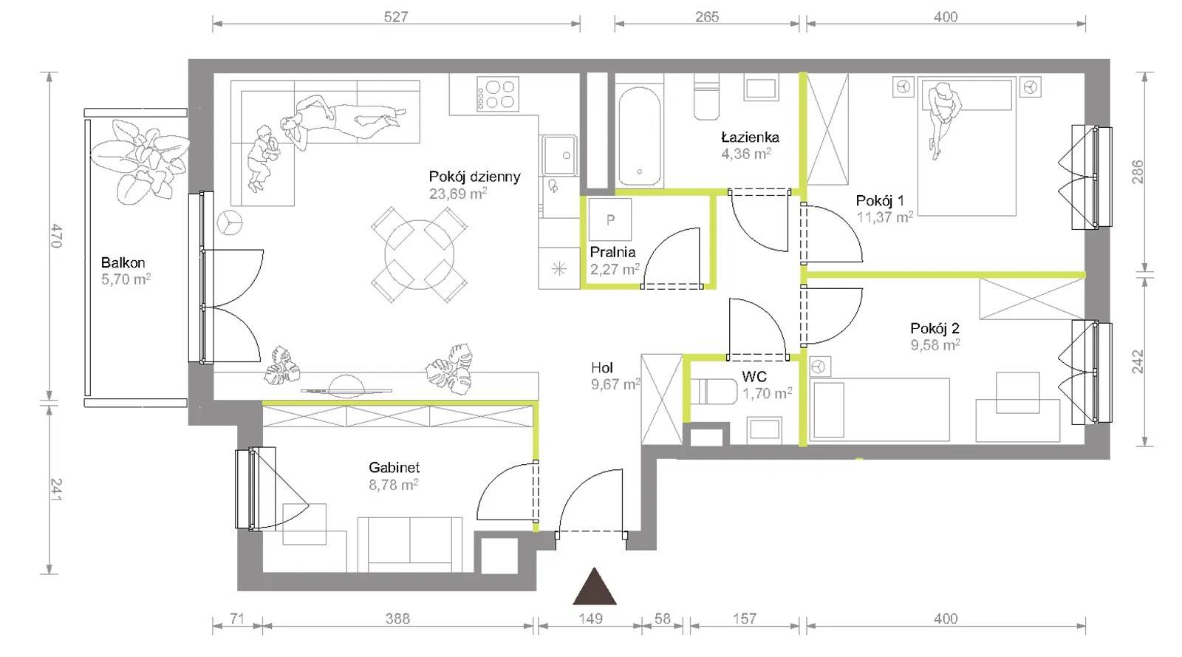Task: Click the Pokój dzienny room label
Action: pyautogui.click(x=474, y=177)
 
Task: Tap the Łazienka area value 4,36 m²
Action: pyautogui.click(x=746, y=154)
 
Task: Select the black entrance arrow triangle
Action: pyautogui.click(x=595, y=586)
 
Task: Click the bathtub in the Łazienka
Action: pyautogui.click(x=639, y=136)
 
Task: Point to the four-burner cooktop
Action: pyautogui.click(x=498, y=94)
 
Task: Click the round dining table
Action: pyautogui.click(x=419, y=254)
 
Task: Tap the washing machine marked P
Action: pyautogui.click(x=610, y=219)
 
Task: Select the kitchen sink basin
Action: pyautogui.click(x=560, y=155)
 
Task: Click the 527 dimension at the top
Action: pyautogui.click(x=396, y=17)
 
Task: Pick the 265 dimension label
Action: pyautogui.click(x=706, y=17)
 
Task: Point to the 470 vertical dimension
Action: pyautogui.click(x=57, y=236)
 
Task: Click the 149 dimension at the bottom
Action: pyautogui.click(x=590, y=619)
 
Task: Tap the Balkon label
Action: pyautogui.click(x=123, y=262)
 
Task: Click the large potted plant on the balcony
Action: pyautogui.click(x=140, y=160)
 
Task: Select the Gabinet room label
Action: pyautogui.click(x=394, y=467)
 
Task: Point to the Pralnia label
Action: pyautogui.click(x=612, y=252)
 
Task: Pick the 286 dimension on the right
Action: pyautogui.click(x=1138, y=172)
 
